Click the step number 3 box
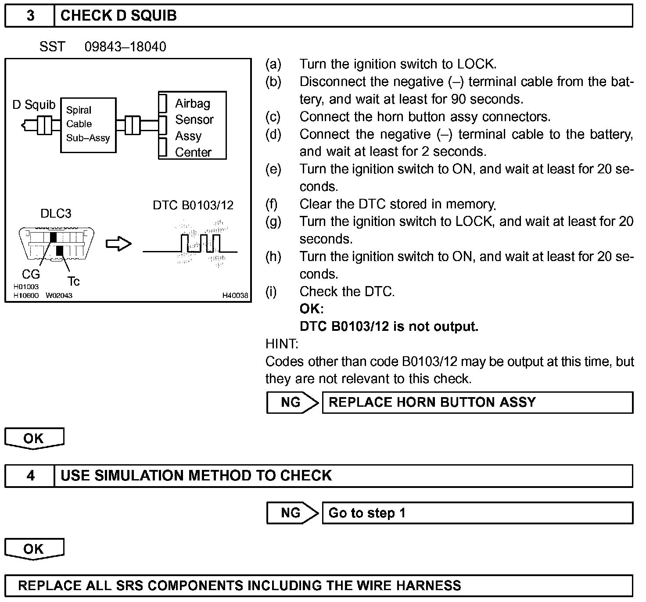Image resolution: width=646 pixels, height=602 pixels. (x=30, y=16)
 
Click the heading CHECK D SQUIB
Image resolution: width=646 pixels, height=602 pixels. (x=118, y=16)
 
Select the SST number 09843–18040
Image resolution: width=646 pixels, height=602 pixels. (x=125, y=47)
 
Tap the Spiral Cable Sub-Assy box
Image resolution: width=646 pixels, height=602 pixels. (x=88, y=125)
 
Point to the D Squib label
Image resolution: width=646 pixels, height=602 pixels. (x=34, y=105)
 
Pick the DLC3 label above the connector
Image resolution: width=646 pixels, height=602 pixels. (x=56, y=214)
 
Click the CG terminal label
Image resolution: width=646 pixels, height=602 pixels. (x=31, y=275)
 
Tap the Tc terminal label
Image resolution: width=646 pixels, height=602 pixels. (x=73, y=281)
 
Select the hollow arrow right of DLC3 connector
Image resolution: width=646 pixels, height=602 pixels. (x=118, y=244)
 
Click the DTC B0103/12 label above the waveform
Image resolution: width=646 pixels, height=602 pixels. (x=193, y=205)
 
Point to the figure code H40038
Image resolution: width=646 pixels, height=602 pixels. (x=235, y=296)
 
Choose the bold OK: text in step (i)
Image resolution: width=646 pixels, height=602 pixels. (x=311, y=309)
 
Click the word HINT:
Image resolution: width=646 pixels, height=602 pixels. (x=282, y=344)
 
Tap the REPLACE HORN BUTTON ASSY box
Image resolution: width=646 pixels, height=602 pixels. (x=477, y=402)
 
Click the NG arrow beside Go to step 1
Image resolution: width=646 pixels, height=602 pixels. (x=292, y=513)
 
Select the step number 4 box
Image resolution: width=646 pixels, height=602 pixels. (x=30, y=476)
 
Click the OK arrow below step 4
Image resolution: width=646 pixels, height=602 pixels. (x=34, y=550)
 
